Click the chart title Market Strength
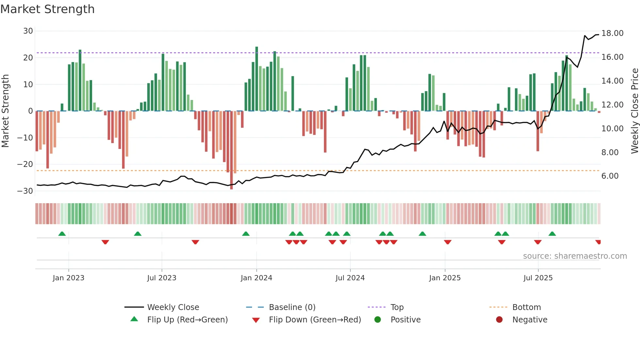47,9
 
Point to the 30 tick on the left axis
28,31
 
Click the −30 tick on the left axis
25,191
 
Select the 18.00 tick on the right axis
612,33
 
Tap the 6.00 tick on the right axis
610,176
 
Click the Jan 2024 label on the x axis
256,278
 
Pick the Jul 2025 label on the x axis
538,278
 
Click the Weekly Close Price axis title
634,111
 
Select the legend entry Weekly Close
173,307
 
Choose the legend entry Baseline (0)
292,307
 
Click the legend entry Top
397,307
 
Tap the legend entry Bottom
526,307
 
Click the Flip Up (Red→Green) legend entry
187,320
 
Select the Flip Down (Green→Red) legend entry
315,320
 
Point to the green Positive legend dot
377,319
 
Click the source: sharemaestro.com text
575,256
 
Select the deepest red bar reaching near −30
232,150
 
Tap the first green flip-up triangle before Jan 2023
62,234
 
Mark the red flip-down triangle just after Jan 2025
448,242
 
